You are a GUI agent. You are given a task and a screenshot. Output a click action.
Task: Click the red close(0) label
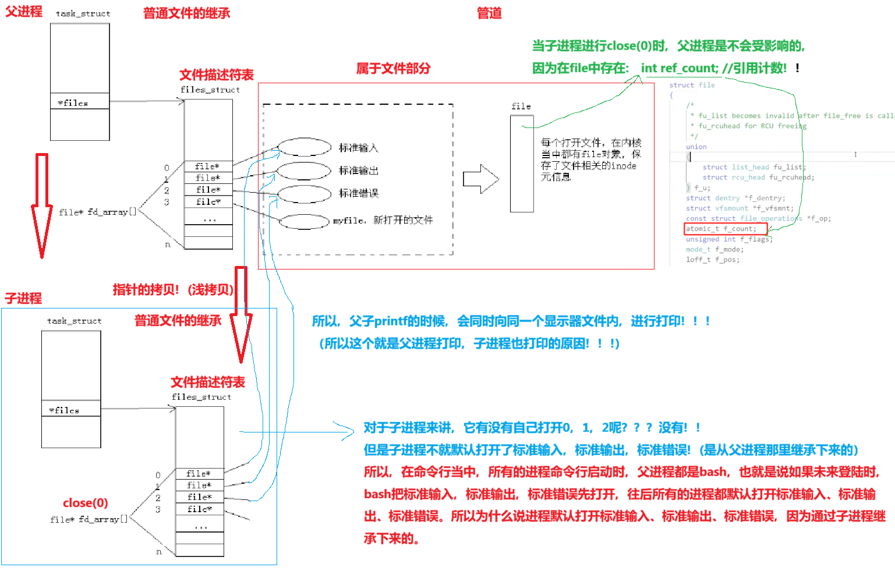pos(85,503)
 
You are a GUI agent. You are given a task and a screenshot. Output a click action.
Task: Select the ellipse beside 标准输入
pos(305,147)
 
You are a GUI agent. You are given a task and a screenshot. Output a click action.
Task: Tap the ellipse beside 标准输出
pos(303,171)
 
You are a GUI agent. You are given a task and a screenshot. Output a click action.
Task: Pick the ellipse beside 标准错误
pos(303,194)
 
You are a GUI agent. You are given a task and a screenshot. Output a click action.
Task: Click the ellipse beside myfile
pos(304,221)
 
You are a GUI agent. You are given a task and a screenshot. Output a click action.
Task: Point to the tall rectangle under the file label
pos(522,164)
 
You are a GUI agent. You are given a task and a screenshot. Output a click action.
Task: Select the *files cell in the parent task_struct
pos(80,102)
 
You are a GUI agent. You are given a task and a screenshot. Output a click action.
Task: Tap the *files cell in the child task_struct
pos(71,410)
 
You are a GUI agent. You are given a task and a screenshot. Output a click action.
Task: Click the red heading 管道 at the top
pos(489,13)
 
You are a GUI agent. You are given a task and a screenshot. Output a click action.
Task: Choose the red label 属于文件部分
pos(393,69)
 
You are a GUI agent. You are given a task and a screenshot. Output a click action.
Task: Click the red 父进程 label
pos(23,11)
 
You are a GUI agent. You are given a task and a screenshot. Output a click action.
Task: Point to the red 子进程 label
pos(23,299)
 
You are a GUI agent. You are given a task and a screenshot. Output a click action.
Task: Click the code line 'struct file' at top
pos(692,85)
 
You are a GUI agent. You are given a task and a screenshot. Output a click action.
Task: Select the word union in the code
pos(696,147)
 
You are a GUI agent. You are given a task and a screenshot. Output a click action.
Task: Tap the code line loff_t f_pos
pos(712,260)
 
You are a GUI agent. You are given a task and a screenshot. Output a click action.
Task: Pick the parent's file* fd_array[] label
pos(97,212)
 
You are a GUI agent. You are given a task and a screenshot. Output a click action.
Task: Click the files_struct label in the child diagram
pos(201,397)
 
